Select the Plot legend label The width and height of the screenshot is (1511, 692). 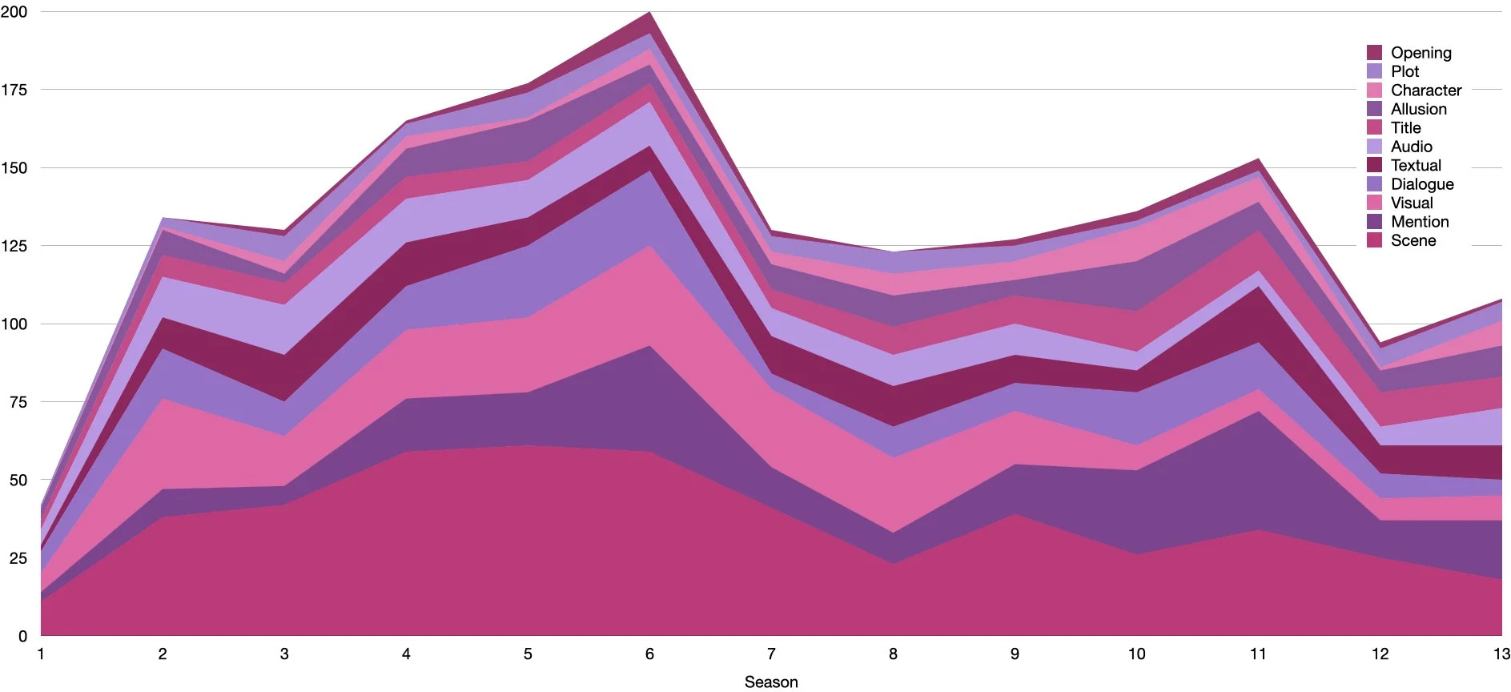pyautogui.click(x=1405, y=71)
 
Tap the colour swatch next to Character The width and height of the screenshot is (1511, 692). pyautogui.click(x=1374, y=91)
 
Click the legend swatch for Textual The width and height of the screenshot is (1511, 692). pyautogui.click(x=1374, y=165)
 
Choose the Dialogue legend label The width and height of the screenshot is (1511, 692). pyautogui.click(x=1422, y=184)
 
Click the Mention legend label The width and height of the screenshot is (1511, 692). pyautogui.click(x=1419, y=222)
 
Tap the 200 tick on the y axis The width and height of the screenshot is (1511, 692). pyautogui.click(x=14, y=12)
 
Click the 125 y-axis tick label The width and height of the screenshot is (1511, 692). pyautogui.click(x=14, y=246)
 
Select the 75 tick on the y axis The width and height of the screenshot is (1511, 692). pyautogui.click(x=18, y=402)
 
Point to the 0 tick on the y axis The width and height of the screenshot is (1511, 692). pyautogui.click(x=22, y=636)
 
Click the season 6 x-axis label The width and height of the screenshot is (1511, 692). pyautogui.click(x=649, y=654)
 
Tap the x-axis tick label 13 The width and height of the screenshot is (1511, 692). pyautogui.click(x=1501, y=654)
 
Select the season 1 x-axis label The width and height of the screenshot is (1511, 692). pyautogui.click(x=41, y=654)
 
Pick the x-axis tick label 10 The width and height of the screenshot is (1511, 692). pyautogui.click(x=1136, y=654)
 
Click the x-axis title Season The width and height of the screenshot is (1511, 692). pyautogui.click(x=771, y=682)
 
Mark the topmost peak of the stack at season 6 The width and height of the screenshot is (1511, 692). pyautogui.click(x=649, y=12)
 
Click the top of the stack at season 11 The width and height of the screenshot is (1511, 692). pyautogui.click(x=1258, y=159)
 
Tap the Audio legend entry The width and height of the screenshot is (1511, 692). pyautogui.click(x=1411, y=147)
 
